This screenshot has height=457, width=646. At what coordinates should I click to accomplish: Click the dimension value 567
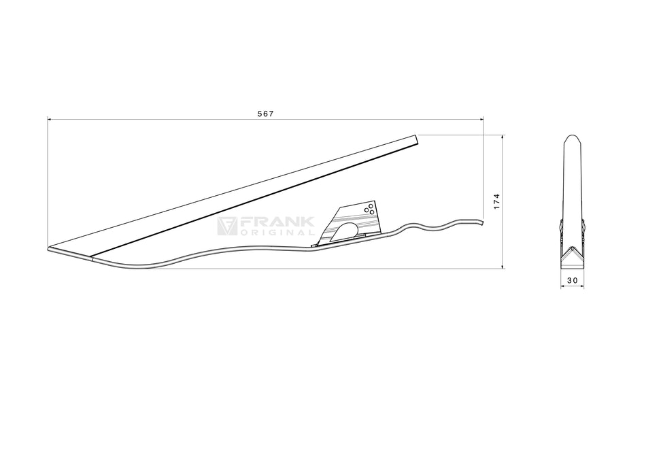tap(265, 114)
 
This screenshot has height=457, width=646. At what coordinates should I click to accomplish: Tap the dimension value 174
tap(497, 201)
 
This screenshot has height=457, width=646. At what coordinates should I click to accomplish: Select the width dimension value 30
tap(572, 280)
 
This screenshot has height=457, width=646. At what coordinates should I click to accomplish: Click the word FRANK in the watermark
tap(277, 222)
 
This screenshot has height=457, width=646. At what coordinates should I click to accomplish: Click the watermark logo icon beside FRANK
tap(227, 226)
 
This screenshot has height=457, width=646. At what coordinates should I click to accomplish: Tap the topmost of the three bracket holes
tap(371, 205)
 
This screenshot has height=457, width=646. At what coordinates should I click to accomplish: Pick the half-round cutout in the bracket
tap(345, 231)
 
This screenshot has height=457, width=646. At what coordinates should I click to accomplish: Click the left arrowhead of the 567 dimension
tap(50, 119)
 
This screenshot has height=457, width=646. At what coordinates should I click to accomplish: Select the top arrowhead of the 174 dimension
tap(503, 137)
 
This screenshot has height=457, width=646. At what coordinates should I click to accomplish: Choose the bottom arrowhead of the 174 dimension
tap(503, 266)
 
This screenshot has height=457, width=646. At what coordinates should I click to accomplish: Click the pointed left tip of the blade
tap(50, 248)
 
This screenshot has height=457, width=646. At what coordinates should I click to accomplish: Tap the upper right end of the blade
tap(415, 139)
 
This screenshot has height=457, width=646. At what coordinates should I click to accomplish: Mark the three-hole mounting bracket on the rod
tap(354, 221)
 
